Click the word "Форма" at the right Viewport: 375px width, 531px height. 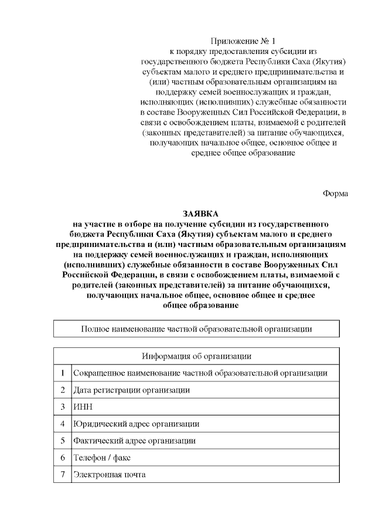tap(336, 193)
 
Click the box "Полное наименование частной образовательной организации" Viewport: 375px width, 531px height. tap(196, 329)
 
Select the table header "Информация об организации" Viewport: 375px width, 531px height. tap(196, 356)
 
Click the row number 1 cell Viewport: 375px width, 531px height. tap(62, 373)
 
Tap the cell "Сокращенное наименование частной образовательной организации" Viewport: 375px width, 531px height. tap(200, 373)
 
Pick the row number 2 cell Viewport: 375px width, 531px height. tap(62, 390)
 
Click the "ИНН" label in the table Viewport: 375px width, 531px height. tap(81, 407)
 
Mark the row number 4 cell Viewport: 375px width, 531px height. tap(62, 423)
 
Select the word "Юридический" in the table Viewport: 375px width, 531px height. tap(97, 423)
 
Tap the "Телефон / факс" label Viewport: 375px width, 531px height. tap(100, 457)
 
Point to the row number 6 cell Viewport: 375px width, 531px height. tap(62, 457)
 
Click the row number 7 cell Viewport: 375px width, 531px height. tap(62, 474)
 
